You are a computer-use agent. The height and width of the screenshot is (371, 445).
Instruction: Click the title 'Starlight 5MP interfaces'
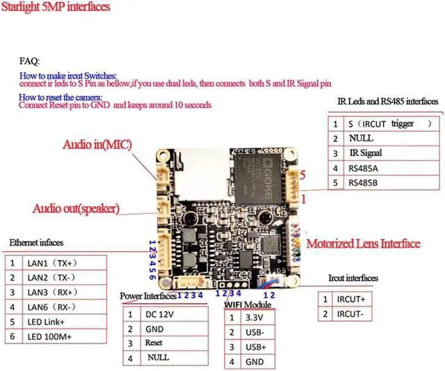coord(56,8)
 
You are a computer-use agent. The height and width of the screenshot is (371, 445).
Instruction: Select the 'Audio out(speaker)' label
coord(76,208)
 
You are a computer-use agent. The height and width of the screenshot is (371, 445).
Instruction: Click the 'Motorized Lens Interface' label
coord(363,244)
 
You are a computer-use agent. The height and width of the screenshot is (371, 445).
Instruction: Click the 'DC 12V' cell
coord(159,314)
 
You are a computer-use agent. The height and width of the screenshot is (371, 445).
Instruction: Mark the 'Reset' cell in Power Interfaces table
coord(154,343)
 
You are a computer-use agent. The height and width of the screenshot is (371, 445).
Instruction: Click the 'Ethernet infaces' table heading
coord(36,243)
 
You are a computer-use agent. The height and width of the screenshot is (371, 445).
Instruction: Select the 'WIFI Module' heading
coord(248,305)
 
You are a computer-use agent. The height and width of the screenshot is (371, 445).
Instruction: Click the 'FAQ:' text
coord(29,61)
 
